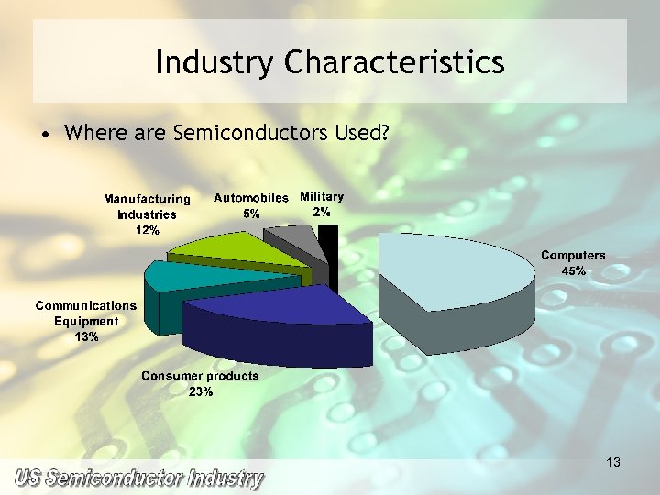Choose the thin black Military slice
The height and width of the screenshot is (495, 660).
328,247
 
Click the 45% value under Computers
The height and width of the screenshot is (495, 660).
573,270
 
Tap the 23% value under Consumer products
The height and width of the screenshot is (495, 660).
201,391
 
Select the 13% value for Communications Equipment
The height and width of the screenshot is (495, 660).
87,336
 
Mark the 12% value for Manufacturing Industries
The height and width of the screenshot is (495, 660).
147,230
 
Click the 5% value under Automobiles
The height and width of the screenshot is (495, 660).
251,213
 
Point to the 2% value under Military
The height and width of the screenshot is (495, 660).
322,212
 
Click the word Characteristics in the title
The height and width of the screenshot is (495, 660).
394,63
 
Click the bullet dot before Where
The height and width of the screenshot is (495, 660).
44,135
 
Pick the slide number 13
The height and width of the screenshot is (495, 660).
613,463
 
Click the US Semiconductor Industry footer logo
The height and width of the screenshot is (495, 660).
138,478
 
